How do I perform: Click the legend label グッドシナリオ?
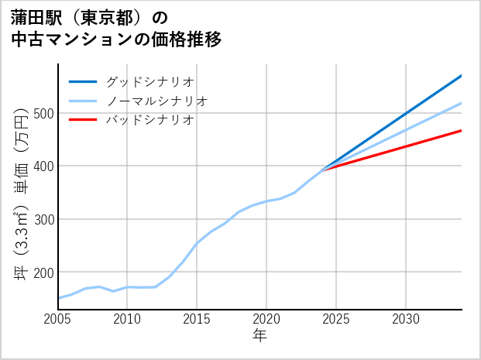point(149,81)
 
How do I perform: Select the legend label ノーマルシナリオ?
point(156,101)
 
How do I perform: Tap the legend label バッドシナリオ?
point(149,120)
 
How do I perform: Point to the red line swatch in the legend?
point(83,120)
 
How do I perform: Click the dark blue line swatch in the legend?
point(83,81)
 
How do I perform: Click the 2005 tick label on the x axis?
point(58,319)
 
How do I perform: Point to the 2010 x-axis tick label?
point(128,319)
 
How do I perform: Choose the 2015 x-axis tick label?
point(198,319)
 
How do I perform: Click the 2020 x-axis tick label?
point(266,319)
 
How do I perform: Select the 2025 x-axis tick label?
point(336,319)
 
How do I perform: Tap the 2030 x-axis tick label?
point(406,319)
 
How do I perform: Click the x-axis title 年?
point(260,336)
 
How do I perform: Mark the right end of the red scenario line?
point(461,131)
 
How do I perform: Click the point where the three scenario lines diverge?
point(322,169)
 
